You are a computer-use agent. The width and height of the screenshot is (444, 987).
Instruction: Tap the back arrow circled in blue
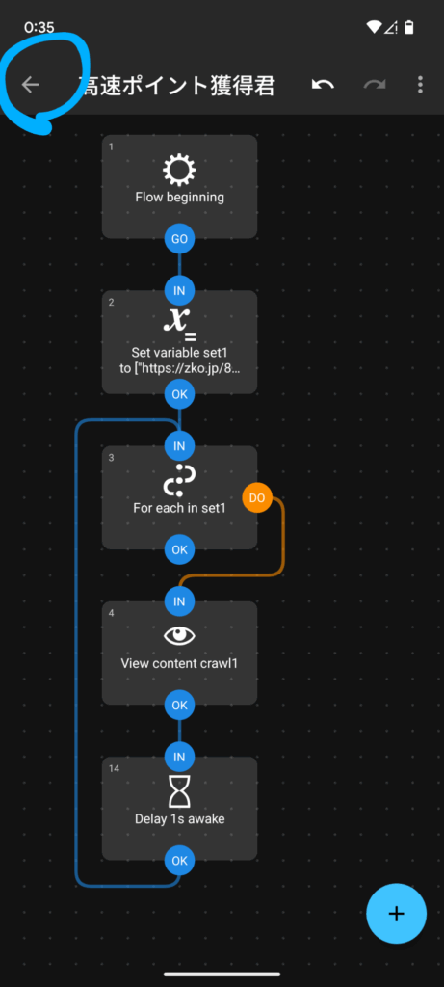pyautogui.click(x=30, y=85)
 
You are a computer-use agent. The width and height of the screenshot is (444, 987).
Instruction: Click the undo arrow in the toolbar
pyautogui.click(x=323, y=85)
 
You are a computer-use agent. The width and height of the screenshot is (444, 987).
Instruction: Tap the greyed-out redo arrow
pyautogui.click(x=375, y=85)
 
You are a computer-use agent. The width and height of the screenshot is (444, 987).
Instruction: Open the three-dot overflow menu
pyautogui.click(x=420, y=85)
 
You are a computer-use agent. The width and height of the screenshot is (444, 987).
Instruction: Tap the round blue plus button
pyautogui.click(x=396, y=914)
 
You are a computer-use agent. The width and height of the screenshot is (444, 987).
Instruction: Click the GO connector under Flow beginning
pyautogui.click(x=179, y=239)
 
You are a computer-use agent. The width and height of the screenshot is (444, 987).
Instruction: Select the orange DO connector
pyautogui.click(x=256, y=498)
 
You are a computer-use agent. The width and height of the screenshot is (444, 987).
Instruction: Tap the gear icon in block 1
pyautogui.click(x=179, y=170)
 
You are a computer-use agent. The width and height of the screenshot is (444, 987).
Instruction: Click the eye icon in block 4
pyautogui.click(x=179, y=636)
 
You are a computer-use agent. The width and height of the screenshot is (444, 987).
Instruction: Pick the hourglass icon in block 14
pyautogui.click(x=179, y=791)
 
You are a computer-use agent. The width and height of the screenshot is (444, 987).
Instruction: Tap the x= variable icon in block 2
pyautogui.click(x=179, y=322)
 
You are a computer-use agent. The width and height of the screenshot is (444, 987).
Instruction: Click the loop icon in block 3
pyautogui.click(x=179, y=480)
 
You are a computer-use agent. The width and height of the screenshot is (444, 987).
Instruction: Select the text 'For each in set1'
pyautogui.click(x=179, y=507)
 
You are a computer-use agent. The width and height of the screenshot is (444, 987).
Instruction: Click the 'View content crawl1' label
pyautogui.click(x=179, y=663)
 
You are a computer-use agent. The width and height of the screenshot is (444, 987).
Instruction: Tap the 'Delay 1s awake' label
pyautogui.click(x=179, y=819)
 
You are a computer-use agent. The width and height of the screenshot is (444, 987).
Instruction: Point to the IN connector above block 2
pyautogui.click(x=179, y=291)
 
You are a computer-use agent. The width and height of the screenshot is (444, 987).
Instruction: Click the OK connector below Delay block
pyautogui.click(x=179, y=861)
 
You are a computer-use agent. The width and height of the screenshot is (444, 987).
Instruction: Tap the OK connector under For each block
pyautogui.click(x=179, y=549)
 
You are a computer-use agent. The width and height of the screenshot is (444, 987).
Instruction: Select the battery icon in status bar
pyautogui.click(x=409, y=27)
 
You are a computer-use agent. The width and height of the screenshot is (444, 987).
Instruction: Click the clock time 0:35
pyautogui.click(x=39, y=28)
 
